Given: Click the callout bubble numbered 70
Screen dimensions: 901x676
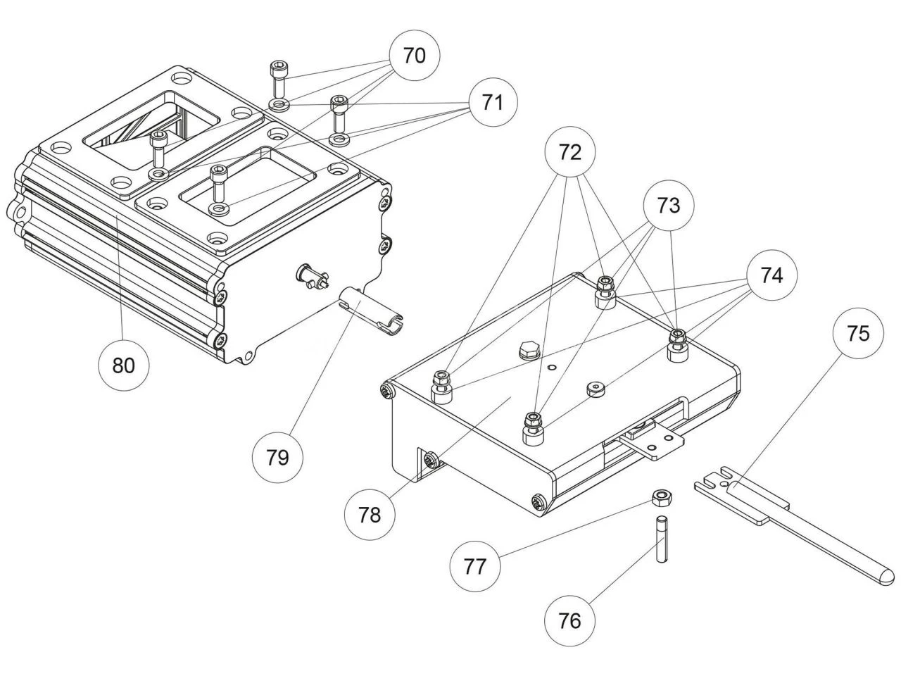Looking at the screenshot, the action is [414, 56].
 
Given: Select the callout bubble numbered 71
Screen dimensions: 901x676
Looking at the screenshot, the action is [492, 102].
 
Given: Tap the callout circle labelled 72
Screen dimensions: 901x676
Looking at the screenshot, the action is [569, 152].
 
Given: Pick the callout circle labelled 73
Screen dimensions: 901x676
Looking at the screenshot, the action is [668, 205].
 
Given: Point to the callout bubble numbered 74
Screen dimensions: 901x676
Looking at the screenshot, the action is [771, 275].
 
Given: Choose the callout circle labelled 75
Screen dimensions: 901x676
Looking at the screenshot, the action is [857, 333].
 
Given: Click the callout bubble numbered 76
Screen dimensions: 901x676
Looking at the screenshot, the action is [569, 620].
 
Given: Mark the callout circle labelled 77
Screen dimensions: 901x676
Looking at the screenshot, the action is [475, 566].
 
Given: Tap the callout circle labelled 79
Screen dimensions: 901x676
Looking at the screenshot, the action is [277, 457].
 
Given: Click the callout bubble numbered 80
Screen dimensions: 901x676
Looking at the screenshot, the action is [123, 365].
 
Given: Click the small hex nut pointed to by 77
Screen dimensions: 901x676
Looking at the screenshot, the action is [660, 499].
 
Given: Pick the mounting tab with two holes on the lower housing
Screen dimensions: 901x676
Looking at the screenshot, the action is [653, 445].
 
